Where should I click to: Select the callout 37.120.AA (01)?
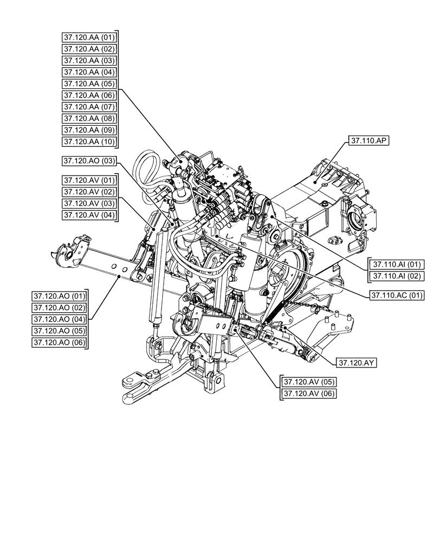(x=89, y=37)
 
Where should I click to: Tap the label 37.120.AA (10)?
(x=89, y=141)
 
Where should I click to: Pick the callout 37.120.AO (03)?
(x=89, y=161)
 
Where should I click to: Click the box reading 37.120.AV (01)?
(x=89, y=180)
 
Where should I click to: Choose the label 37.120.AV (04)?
(x=89, y=215)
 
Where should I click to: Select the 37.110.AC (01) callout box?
(x=397, y=295)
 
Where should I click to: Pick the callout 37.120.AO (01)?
(x=59, y=296)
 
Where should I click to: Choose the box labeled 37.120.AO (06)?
(x=59, y=343)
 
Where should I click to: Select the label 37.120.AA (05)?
(x=89, y=83)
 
